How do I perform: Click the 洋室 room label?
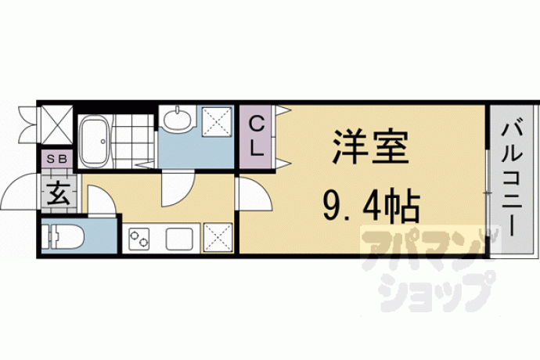[370, 147]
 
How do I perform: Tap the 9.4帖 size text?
[371, 206]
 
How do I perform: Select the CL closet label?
[256, 136]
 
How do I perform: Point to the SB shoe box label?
[57, 159]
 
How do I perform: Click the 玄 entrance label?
[59, 194]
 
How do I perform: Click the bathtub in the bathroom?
[94, 141]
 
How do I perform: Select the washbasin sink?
[177, 119]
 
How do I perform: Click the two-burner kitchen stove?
[139, 239]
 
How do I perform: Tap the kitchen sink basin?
[178, 239]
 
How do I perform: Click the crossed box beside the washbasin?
[217, 121]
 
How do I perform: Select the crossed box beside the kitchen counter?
[218, 237]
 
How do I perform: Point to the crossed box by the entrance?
[57, 124]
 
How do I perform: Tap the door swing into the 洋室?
[254, 193]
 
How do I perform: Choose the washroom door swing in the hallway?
[178, 188]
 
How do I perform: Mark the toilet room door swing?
[101, 200]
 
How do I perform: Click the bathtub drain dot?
[103, 141]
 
